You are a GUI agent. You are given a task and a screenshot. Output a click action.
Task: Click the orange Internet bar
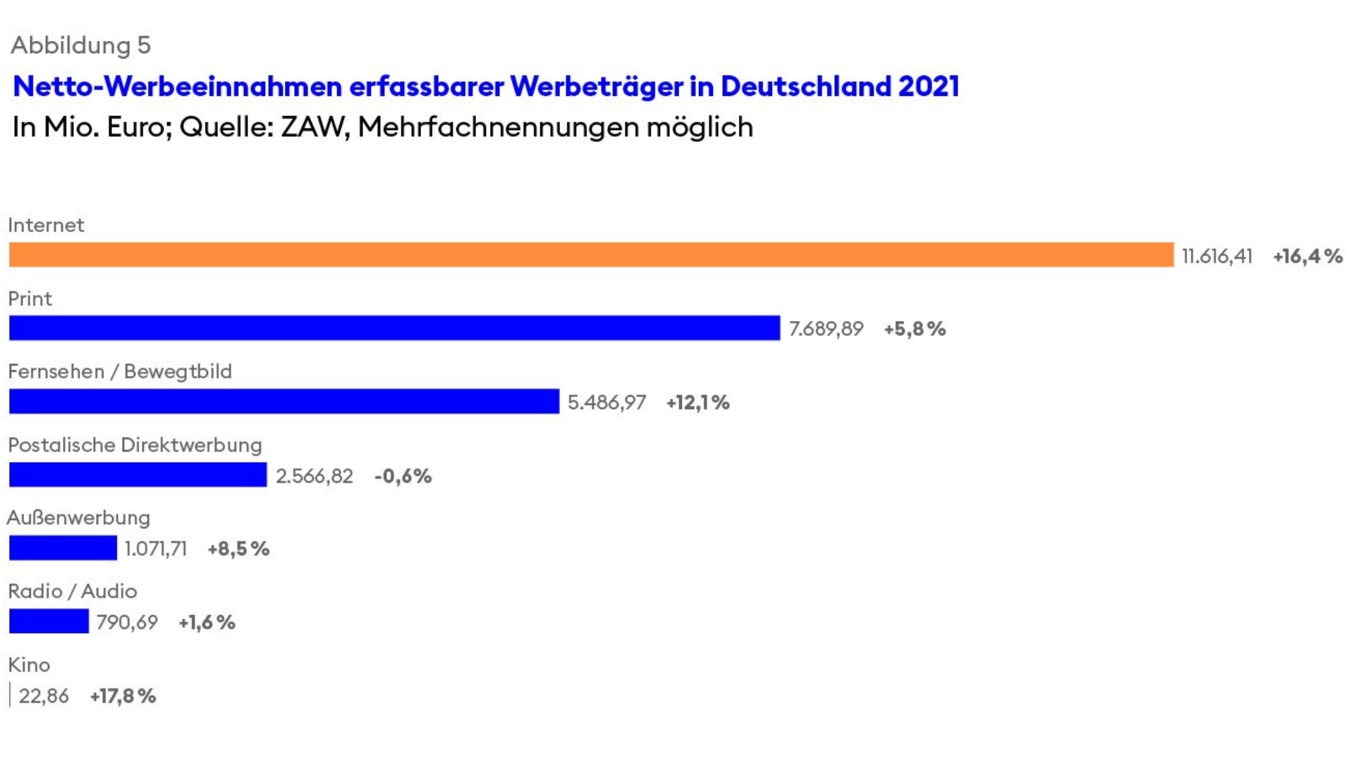coord(591,255)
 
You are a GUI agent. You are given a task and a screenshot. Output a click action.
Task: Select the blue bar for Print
coord(394,328)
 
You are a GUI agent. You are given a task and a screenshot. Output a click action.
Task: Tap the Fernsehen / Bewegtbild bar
coord(283,401)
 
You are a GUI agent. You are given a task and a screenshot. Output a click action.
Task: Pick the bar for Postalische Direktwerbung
coord(138,475)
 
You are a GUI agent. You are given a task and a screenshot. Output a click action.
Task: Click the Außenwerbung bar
coord(63,548)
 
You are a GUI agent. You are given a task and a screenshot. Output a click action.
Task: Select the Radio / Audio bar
coord(49,622)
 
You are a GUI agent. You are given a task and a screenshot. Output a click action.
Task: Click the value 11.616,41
coord(1217,256)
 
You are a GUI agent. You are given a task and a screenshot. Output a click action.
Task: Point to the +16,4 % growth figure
coord(1307,256)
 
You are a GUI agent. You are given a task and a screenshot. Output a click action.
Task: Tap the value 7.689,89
coord(826,329)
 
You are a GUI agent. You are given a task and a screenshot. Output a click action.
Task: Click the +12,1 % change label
coord(697,403)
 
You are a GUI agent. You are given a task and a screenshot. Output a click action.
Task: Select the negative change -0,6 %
coord(403,476)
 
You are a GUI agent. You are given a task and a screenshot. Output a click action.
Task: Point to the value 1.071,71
coord(156,549)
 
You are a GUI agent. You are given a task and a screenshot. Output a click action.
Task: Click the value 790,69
coord(127,622)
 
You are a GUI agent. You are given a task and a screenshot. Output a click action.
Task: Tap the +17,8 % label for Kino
coord(123,696)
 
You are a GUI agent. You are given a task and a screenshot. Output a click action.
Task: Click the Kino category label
coord(29,665)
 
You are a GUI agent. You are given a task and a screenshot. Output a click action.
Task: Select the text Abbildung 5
coord(80,45)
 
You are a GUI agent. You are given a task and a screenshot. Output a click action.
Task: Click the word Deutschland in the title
coord(805,86)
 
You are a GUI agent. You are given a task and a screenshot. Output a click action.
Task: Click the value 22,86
coord(44,696)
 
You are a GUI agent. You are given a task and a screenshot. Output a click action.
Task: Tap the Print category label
coord(30,298)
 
